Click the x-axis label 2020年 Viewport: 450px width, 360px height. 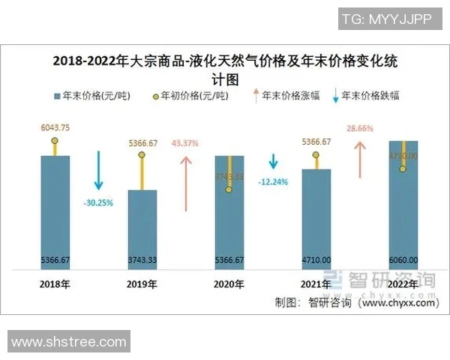pyautogui.click(x=229, y=283)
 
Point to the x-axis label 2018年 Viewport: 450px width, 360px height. pyautogui.click(x=55, y=283)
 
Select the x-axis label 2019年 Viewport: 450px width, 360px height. pyautogui.click(x=142, y=283)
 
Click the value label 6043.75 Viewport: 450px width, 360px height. pyautogui.click(x=55, y=127)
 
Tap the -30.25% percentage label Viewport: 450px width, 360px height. pyautogui.click(x=98, y=202)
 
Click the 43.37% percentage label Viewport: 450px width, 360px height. pyautogui.click(x=184, y=142)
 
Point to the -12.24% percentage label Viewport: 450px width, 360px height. pyautogui.click(x=273, y=181)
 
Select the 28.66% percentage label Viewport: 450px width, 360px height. pyautogui.click(x=359, y=128)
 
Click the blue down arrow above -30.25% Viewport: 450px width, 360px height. pyautogui.click(x=98, y=170)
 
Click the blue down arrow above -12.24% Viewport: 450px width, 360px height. pyautogui.click(x=273, y=161)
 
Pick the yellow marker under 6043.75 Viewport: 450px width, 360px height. pyautogui.click(x=55, y=141)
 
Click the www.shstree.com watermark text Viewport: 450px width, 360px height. pyautogui.click(x=69, y=341)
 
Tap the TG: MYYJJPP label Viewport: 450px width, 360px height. pyautogui.click(x=386, y=19)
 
